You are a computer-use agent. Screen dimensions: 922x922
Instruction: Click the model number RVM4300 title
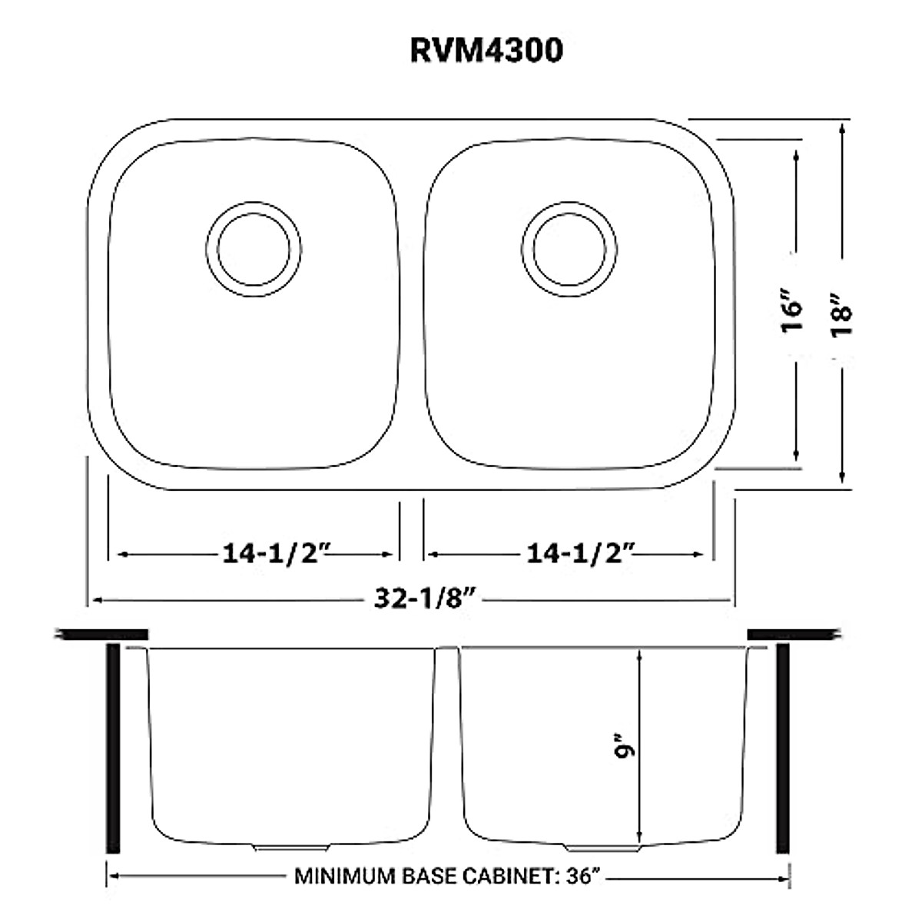pyautogui.click(x=486, y=50)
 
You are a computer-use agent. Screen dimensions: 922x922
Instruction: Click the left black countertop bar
pyautogui.click(x=102, y=634)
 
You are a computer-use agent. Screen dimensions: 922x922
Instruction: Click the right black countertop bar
pyautogui.click(x=791, y=634)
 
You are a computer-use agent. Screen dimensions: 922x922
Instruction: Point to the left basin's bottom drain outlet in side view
pyautogui.click(x=292, y=847)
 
